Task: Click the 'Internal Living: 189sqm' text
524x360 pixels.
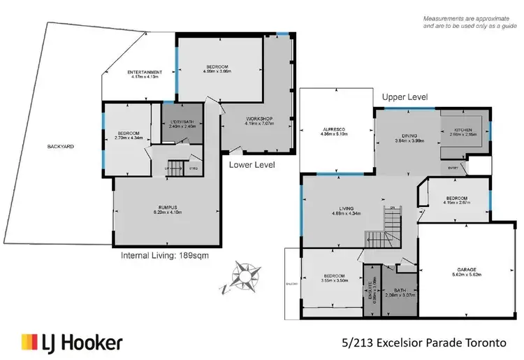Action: point(165,255)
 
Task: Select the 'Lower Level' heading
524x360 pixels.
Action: point(252,165)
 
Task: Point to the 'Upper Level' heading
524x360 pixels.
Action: point(405,97)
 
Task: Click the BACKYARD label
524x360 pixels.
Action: point(61,147)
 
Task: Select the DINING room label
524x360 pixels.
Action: point(403,139)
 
